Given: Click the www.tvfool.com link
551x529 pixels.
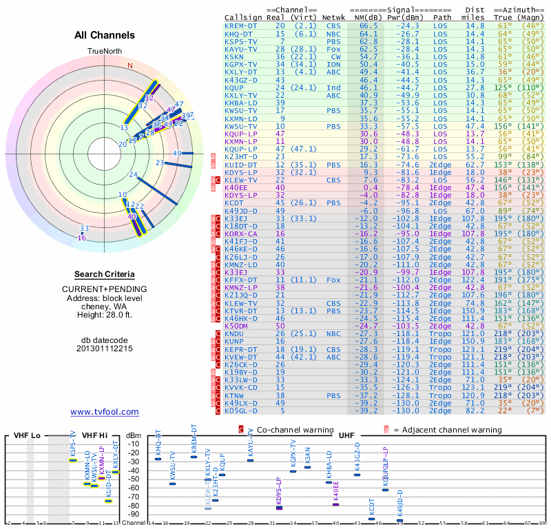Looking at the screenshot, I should (104, 412).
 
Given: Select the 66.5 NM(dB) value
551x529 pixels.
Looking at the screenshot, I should (368, 25).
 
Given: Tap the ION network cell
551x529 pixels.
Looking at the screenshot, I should (333, 64).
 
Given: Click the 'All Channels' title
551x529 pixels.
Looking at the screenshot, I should (105, 35).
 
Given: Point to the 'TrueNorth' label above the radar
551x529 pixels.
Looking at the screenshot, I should (104, 52).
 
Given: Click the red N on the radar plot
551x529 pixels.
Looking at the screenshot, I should (129, 66).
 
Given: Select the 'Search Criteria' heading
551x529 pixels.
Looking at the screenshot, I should (105, 274).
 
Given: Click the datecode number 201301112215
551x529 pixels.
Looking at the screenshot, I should (105, 349).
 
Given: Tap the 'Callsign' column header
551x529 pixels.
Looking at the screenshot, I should (243, 17).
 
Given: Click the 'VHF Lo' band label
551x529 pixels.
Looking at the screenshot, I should (27, 436).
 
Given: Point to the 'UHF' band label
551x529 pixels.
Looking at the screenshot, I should (347, 436).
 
